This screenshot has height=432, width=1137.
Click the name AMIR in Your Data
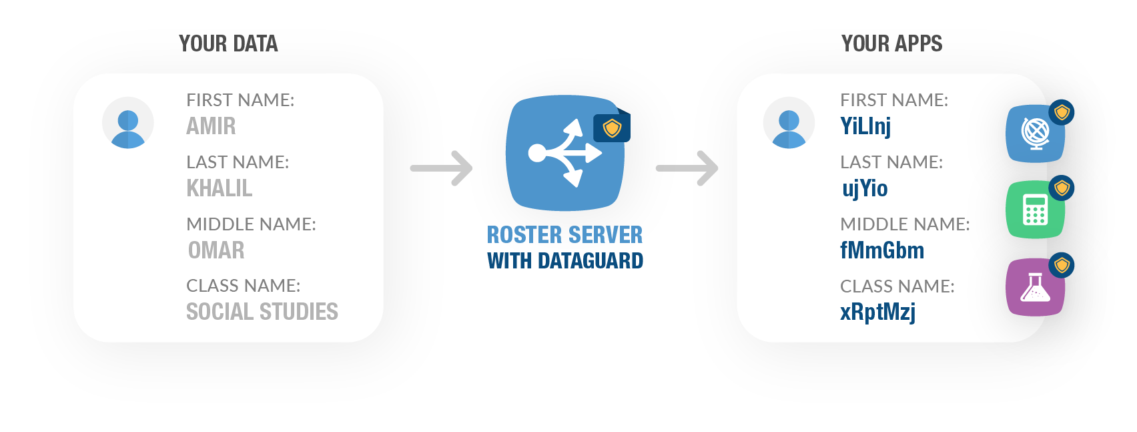point(211,126)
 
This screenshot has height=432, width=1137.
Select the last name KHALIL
point(220,188)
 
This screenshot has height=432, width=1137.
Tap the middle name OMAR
point(216,250)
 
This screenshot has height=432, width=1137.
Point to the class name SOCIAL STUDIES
point(262,312)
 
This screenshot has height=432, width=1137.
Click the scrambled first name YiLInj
point(865,126)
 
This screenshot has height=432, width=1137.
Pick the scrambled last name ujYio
point(865,188)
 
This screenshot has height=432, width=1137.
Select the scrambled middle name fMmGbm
point(882,250)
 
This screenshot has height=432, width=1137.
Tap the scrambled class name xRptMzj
point(877,312)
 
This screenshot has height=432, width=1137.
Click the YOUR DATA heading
point(228,44)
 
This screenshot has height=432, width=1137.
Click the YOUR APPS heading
point(891,44)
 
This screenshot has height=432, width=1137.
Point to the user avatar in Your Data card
point(128,123)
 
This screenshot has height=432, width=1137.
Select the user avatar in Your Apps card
point(789,123)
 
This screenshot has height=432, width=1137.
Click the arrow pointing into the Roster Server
point(442,168)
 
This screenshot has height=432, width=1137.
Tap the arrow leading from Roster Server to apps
point(687,168)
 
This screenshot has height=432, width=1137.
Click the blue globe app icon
point(1035,133)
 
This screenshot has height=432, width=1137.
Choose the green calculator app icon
point(1035,210)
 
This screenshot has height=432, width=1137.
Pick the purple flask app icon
point(1035,287)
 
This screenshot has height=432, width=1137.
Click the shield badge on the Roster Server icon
point(612,128)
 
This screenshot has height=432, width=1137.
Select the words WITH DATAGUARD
point(565,261)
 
